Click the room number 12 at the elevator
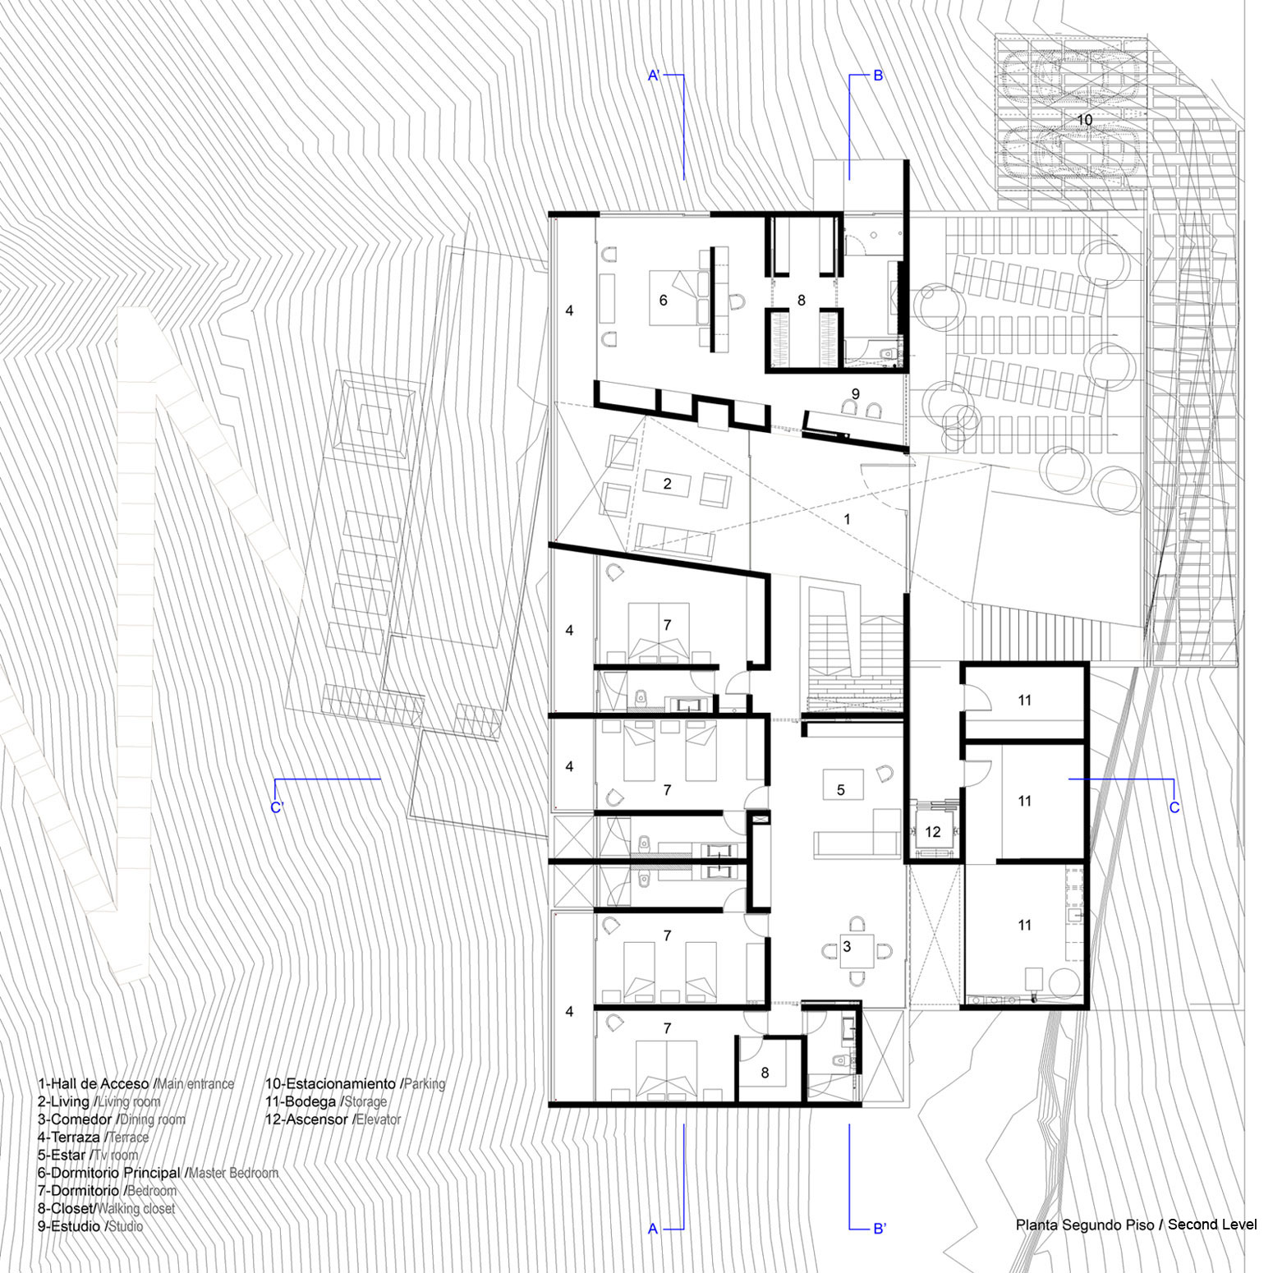[932, 832]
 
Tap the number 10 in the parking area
[1084, 120]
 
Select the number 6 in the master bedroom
[664, 301]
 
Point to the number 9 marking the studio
[855, 394]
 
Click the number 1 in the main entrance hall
[848, 519]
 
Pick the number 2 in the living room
[667, 484]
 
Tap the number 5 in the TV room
[840, 790]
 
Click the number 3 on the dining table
[847, 946]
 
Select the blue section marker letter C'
[276, 807]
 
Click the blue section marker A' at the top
[655, 76]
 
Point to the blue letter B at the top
[878, 76]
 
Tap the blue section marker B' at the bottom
[880, 1229]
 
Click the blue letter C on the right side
[1174, 807]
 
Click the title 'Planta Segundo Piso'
[1085, 1225]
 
